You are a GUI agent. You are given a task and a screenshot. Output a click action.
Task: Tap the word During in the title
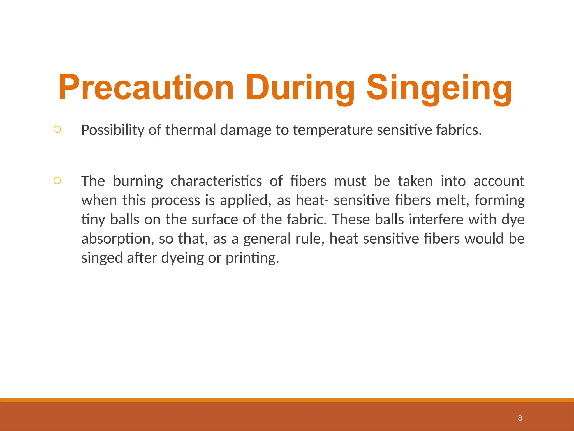[300, 88]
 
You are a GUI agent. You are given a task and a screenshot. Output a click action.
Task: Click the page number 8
[520, 418]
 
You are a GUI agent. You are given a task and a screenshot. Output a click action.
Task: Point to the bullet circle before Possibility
[57, 129]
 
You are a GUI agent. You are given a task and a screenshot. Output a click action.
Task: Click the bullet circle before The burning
[57, 180]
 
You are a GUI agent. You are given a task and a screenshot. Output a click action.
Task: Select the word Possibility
[113, 130]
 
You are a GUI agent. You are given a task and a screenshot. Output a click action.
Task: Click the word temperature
[333, 130]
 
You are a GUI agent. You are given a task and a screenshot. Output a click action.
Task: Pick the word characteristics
[216, 181]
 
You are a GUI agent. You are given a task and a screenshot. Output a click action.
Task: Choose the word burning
[138, 181]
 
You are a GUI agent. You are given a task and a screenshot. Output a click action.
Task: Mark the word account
[499, 181]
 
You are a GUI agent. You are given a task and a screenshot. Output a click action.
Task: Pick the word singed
[102, 258]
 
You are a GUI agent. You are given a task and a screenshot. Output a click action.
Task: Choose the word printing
[252, 258]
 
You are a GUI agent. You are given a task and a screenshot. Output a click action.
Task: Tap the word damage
[246, 130]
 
